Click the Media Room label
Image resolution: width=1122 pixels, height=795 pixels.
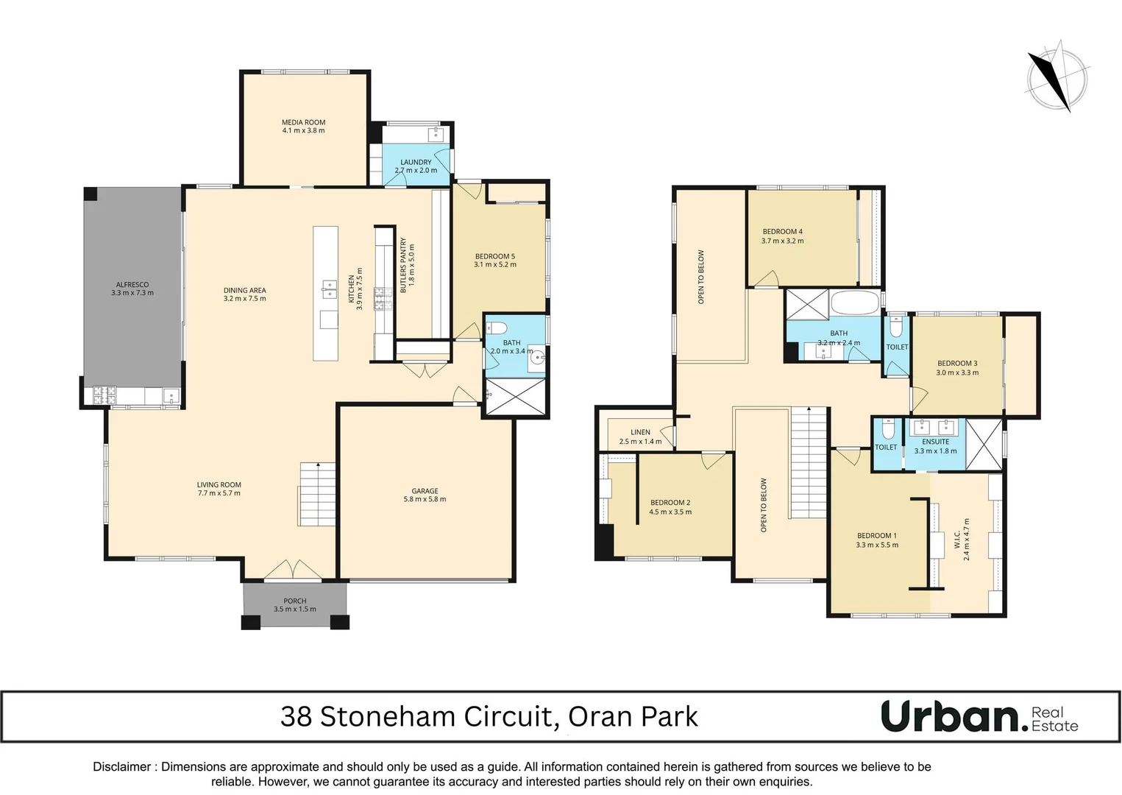[303, 122]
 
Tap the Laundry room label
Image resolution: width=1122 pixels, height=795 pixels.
[416, 162]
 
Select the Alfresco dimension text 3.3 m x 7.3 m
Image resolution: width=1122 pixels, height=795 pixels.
[132, 293]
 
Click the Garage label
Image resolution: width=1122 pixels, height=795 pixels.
[425, 491]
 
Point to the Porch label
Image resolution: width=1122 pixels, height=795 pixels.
[294, 601]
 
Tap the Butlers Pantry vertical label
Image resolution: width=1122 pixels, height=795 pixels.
[403, 266]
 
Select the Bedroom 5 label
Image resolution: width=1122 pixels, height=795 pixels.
[494, 256]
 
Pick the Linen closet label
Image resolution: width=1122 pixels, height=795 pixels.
[640, 432]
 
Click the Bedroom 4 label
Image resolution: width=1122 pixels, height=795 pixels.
[782, 231]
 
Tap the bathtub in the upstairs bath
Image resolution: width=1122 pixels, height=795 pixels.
[854, 303]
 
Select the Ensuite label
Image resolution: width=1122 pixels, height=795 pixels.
[935, 442]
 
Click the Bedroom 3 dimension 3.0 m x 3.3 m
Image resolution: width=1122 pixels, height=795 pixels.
[957, 372]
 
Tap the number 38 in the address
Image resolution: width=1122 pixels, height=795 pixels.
[297, 716]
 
